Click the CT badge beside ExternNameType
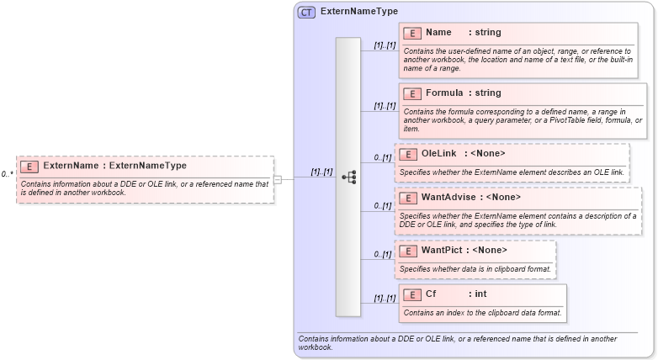pos(305,13)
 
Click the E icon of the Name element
pos(412,33)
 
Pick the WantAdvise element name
pos(448,198)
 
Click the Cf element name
pos(432,294)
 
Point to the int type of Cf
pos(480,294)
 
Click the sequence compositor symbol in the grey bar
pos(348,177)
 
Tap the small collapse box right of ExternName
pos(278,178)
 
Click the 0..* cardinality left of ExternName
pos(7,175)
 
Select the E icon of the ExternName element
pos(29,167)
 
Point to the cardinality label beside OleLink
pos(383,157)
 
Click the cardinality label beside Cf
pos(385,299)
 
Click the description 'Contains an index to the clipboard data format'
pos(482,313)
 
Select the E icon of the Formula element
pos(412,93)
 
